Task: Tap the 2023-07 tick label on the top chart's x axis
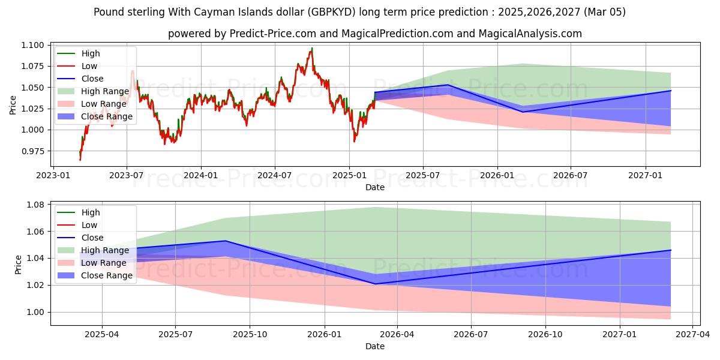pos(126,175)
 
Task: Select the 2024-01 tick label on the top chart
pos(200,175)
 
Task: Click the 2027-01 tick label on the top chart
pos(646,175)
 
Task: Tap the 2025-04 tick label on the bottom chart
pos(101,335)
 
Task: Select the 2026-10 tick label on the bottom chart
pos(546,335)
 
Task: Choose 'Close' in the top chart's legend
pos(92,79)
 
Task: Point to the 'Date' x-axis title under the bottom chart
pos(375,346)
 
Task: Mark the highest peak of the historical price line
pos(311,48)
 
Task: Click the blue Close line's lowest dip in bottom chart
pos(375,284)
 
